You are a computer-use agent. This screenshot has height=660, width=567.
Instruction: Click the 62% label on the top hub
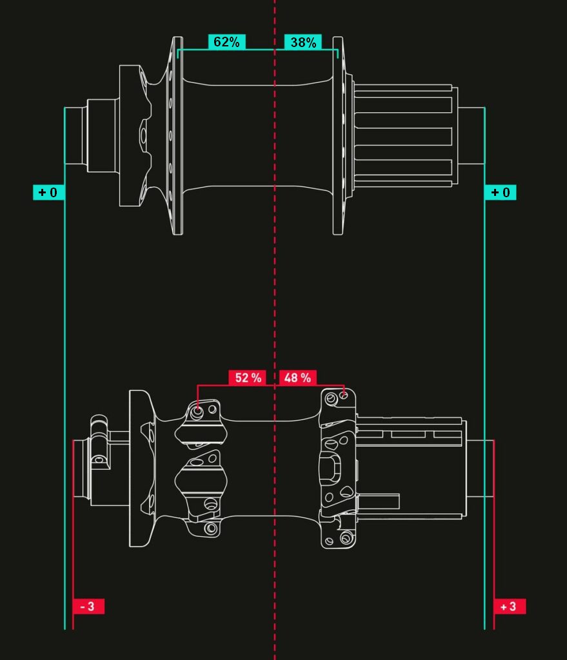coord(226,42)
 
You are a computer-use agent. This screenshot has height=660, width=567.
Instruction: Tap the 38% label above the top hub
coord(303,42)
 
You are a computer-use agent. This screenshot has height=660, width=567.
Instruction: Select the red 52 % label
coord(247,377)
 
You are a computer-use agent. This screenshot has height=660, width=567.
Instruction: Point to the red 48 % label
coord(298,377)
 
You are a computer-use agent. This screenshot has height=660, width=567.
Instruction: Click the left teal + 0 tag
coord(48,192)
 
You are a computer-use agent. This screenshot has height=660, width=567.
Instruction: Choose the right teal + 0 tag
coord(501,192)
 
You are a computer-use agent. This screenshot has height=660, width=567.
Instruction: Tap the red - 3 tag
coord(88,607)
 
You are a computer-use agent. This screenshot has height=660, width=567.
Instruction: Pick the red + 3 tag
coord(510,607)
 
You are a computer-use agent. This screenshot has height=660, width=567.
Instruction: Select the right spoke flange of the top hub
coord(338,135)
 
